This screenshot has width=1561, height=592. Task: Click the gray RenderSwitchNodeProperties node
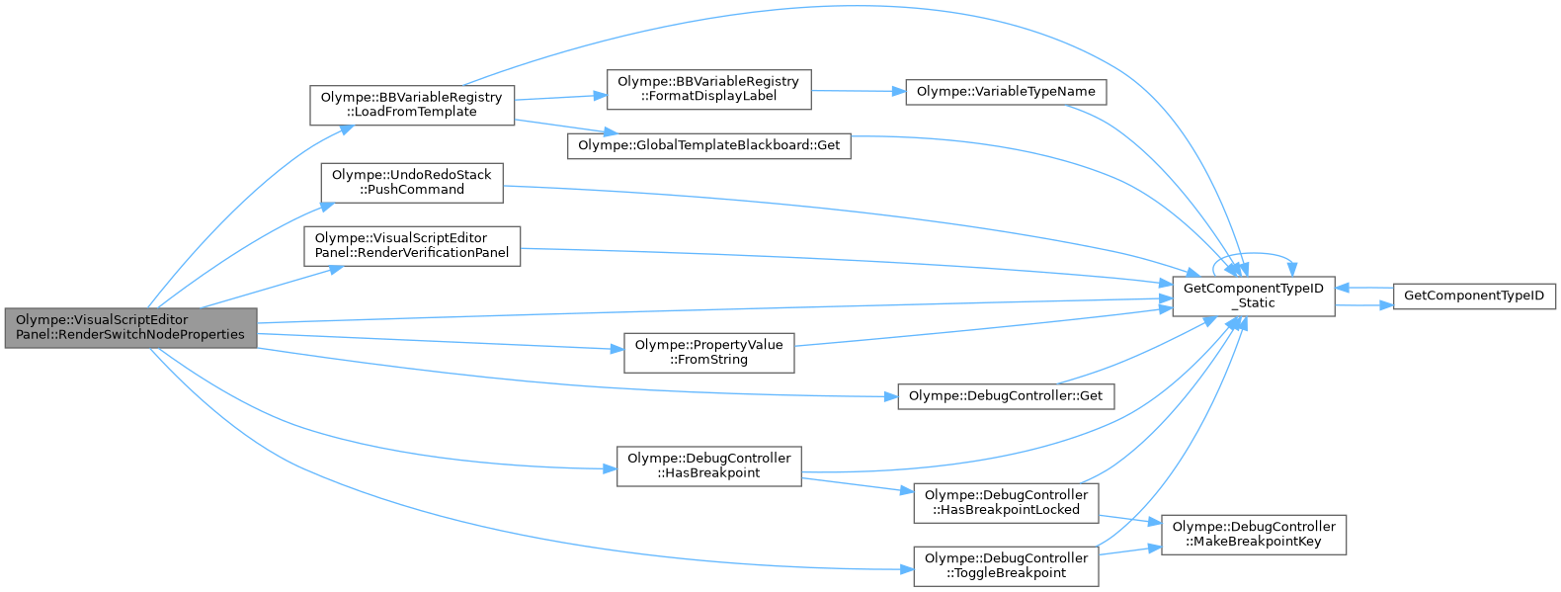(x=131, y=328)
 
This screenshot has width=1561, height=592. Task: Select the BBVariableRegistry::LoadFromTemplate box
(x=412, y=106)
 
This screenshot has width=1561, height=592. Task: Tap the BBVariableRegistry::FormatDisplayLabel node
(x=708, y=89)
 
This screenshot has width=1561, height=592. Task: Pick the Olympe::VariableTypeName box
(x=1006, y=92)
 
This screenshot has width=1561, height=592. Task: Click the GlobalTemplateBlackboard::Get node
(x=708, y=145)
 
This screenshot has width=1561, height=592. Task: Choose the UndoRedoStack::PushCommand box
(x=412, y=184)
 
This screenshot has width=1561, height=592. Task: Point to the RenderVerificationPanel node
(x=412, y=246)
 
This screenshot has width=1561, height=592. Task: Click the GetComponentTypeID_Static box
(x=1254, y=296)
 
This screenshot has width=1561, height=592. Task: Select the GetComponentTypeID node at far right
(x=1474, y=296)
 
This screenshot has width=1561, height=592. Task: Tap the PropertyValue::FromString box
(x=708, y=353)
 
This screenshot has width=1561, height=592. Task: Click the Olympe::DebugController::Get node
(x=1006, y=396)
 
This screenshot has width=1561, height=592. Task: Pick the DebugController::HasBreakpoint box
(x=708, y=466)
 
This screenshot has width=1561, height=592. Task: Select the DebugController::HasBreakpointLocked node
(x=1006, y=503)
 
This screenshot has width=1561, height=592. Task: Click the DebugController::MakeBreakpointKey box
(x=1254, y=535)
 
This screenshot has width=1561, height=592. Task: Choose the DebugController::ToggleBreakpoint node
(x=1006, y=566)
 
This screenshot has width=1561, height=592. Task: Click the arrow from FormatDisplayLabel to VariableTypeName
(x=859, y=91)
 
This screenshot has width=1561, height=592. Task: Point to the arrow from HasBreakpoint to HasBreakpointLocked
(x=858, y=485)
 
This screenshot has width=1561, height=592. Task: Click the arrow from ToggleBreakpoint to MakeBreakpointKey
(x=1129, y=551)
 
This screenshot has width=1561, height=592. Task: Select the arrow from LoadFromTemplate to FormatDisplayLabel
(x=560, y=98)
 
